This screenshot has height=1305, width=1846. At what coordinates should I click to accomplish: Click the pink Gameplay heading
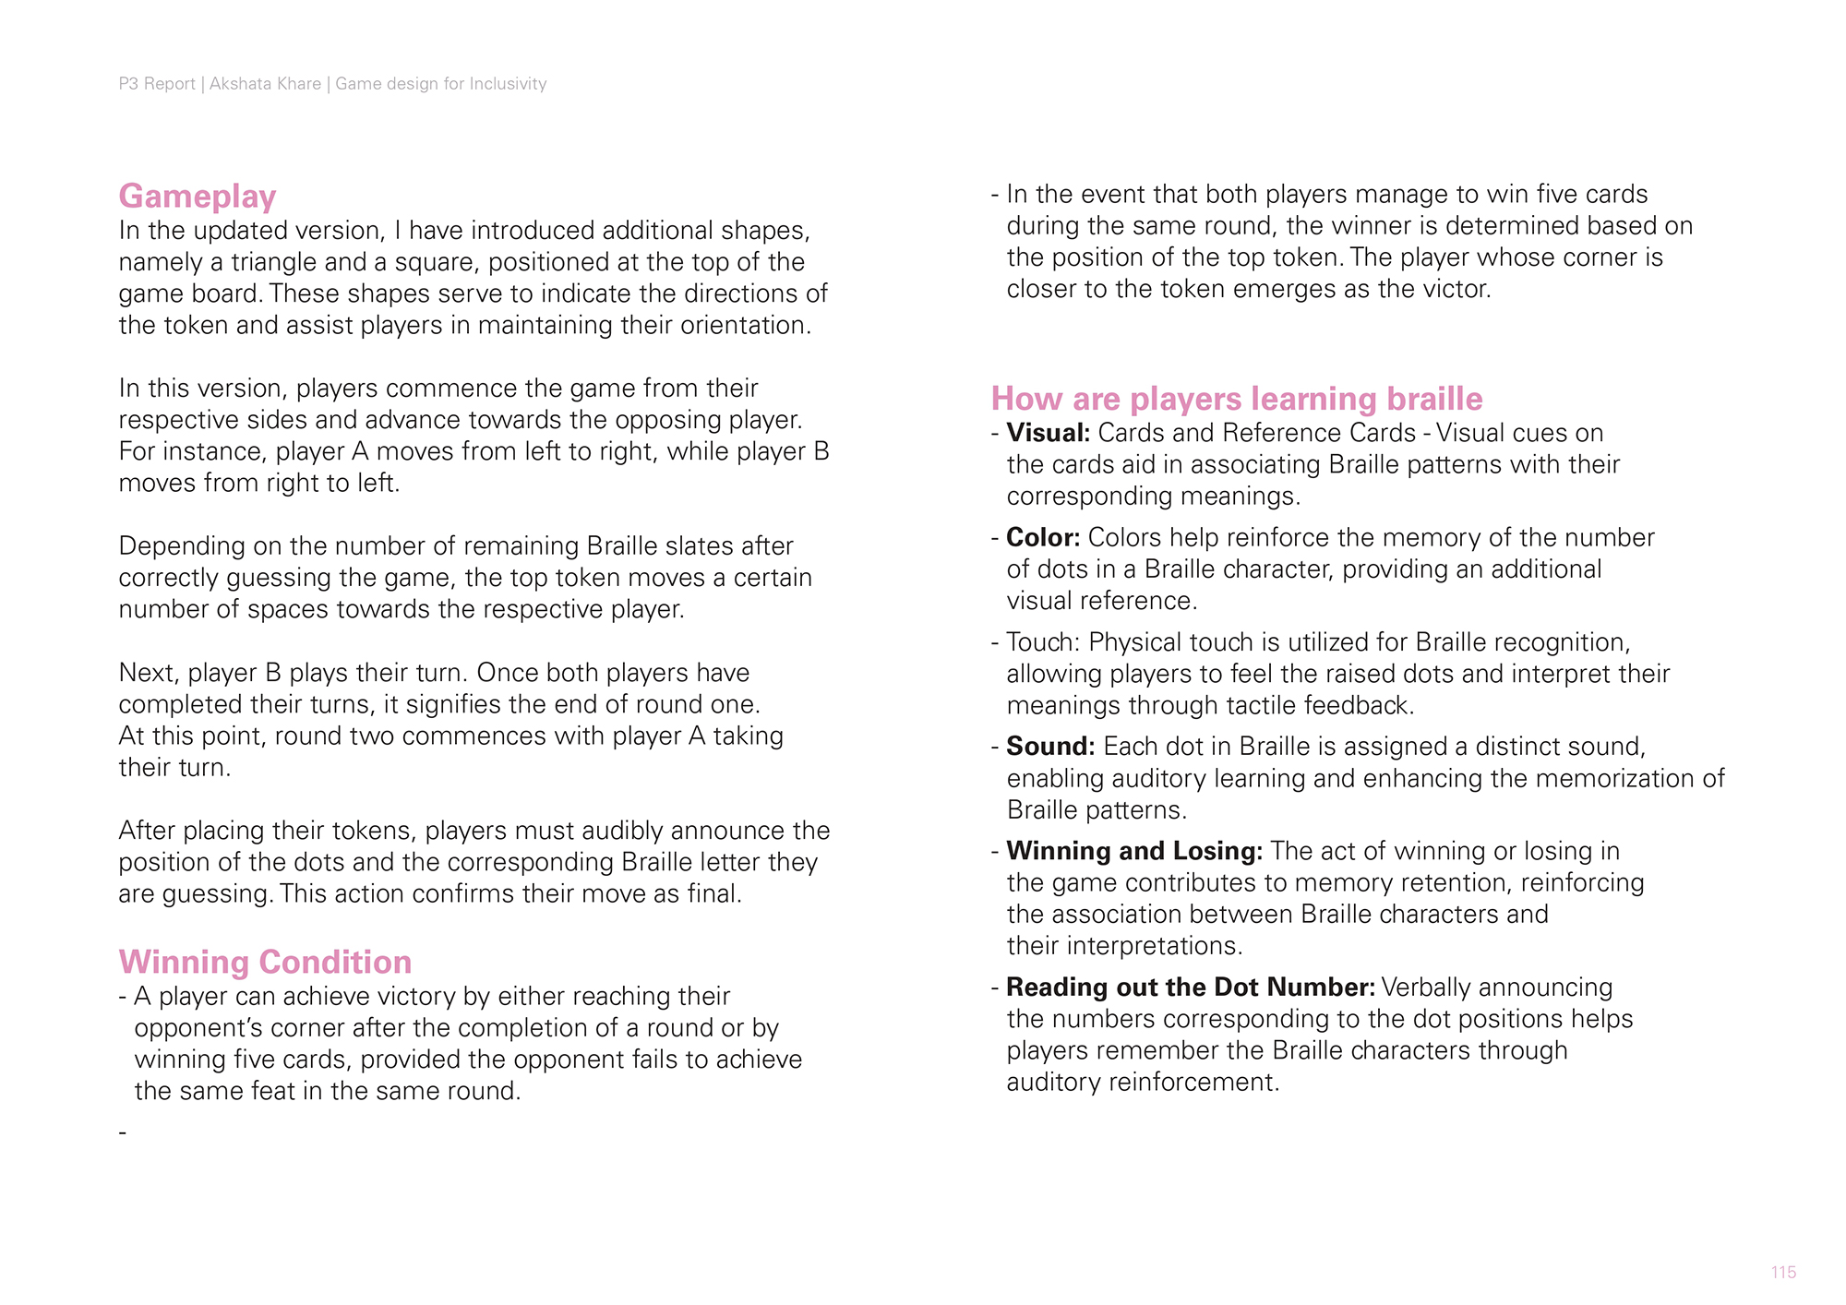tap(198, 197)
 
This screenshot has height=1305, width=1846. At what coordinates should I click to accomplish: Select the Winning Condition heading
tap(265, 962)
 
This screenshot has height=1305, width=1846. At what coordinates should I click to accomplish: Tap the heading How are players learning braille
tap(1237, 399)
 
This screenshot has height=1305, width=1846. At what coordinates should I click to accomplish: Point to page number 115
tap(1783, 1273)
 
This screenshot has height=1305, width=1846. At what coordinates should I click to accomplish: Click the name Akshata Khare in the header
tap(265, 84)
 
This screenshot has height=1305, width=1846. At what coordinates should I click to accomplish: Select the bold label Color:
tap(1043, 537)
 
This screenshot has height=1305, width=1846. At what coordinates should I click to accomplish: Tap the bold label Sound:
tap(1050, 746)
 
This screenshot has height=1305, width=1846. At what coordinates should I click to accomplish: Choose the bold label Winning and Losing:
tap(1134, 851)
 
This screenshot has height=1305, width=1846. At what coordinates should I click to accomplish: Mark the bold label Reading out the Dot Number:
tap(1191, 988)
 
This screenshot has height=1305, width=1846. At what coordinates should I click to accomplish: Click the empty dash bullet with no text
tap(123, 1131)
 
